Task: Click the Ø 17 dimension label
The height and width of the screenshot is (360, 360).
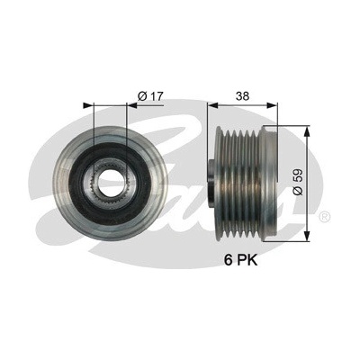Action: click(x=150, y=96)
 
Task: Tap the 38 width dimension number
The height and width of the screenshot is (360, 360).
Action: click(x=242, y=96)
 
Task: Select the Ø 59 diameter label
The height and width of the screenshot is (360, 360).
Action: click(x=299, y=182)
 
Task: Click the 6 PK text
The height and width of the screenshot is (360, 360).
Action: click(x=241, y=260)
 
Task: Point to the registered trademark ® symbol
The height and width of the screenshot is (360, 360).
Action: click(x=325, y=217)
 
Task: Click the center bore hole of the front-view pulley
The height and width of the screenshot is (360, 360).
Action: click(x=111, y=181)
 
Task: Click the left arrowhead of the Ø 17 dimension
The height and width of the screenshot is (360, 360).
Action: click(x=88, y=105)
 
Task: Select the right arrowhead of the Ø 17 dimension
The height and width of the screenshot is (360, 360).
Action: click(x=131, y=105)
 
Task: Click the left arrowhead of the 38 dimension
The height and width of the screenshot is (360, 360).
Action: click(x=212, y=105)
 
